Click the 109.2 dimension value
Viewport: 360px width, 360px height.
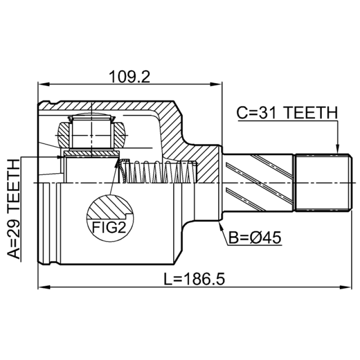tap(130, 77)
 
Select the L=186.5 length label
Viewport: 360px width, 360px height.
tap(194, 279)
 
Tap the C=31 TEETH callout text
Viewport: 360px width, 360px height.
tap(287, 113)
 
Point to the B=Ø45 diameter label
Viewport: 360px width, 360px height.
tap(255, 238)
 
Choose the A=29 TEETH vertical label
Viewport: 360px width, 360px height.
tap(14, 209)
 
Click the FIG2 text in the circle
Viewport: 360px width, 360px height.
tap(109, 227)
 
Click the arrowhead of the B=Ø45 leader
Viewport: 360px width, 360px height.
tap(220, 226)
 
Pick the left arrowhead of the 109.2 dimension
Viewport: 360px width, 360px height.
tap(44, 84)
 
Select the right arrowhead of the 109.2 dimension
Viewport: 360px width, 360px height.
tap(216, 84)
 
